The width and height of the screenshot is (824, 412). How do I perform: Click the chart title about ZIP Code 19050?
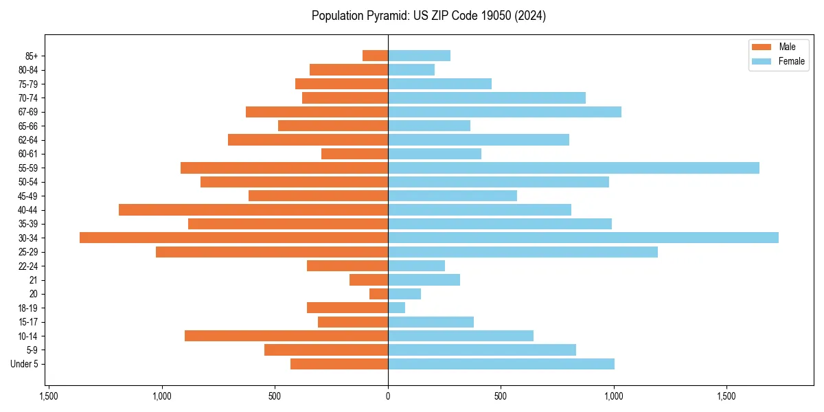tap(428, 16)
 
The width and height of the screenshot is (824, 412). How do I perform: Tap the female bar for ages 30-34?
tap(583, 238)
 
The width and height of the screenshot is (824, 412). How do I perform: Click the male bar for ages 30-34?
tap(233, 238)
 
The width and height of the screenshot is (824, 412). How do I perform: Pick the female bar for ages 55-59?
tap(573, 168)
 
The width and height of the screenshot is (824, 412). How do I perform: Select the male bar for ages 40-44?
tap(253, 209)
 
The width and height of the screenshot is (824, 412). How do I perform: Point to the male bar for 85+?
tap(375, 56)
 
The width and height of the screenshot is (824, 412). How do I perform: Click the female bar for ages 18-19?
tap(396, 308)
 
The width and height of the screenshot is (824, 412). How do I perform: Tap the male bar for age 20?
tap(378, 294)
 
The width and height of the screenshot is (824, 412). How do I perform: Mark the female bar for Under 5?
tap(501, 364)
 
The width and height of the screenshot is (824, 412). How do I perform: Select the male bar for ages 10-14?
tap(286, 336)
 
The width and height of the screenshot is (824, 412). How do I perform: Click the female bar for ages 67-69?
tap(505, 112)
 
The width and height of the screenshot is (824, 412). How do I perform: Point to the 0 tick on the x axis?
tap(388, 396)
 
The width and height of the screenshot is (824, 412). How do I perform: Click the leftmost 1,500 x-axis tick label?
tap(49, 396)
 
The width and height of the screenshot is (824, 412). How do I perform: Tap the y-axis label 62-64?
tap(28, 140)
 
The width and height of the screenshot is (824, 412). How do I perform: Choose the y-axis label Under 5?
tap(24, 364)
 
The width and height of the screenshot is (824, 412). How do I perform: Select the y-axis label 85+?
tap(32, 56)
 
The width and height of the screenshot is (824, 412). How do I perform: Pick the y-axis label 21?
tap(34, 280)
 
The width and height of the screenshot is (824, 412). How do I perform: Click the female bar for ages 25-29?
tap(523, 252)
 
